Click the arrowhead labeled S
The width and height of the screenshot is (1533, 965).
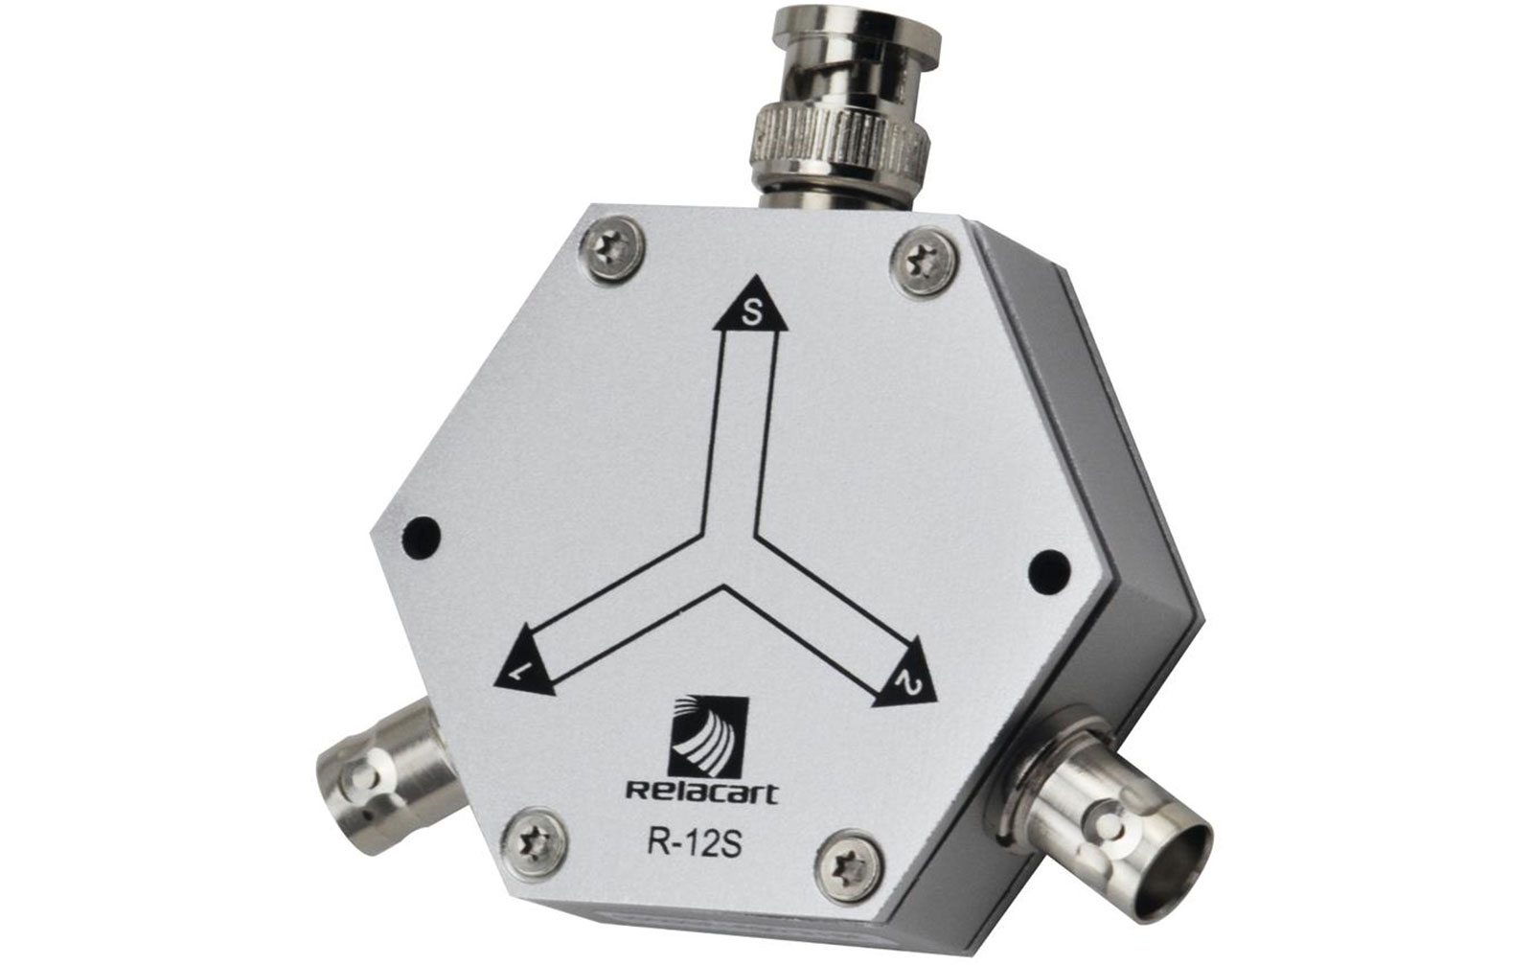pos(751,307)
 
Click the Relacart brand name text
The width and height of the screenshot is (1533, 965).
pos(702,793)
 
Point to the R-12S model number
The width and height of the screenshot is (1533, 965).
pos(694,844)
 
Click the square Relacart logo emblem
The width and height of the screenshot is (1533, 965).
pos(708,736)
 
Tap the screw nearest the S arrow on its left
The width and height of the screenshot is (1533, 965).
pos(614,248)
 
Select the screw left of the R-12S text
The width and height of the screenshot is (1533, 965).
pos(535,844)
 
